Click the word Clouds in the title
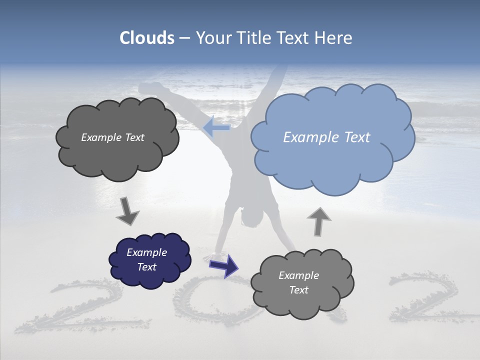click(x=147, y=38)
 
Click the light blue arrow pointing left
click(x=216, y=127)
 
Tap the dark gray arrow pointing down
click(x=128, y=211)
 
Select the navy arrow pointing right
click(x=224, y=265)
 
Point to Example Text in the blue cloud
click(x=326, y=137)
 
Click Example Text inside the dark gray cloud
click(x=112, y=137)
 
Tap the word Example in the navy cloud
click(x=146, y=252)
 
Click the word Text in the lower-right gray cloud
click(x=298, y=290)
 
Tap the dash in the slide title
click(x=185, y=38)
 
